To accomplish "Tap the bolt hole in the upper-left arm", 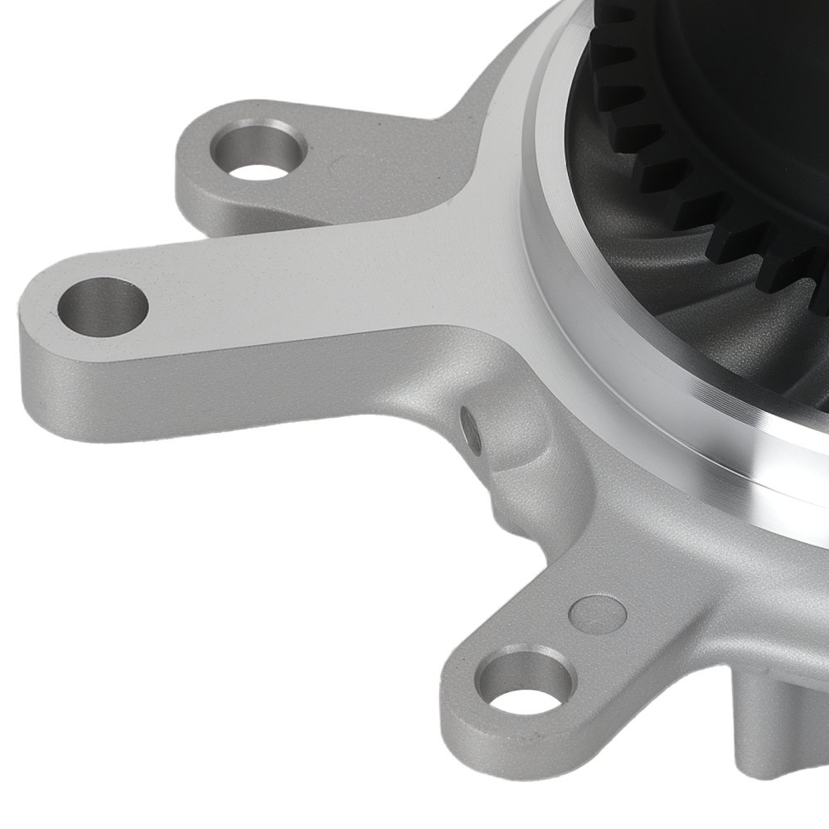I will (x=259, y=151).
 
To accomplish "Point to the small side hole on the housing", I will (x=471, y=429).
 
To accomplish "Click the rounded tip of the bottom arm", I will (x=456, y=713).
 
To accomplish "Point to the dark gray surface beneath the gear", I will (x=705, y=323).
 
